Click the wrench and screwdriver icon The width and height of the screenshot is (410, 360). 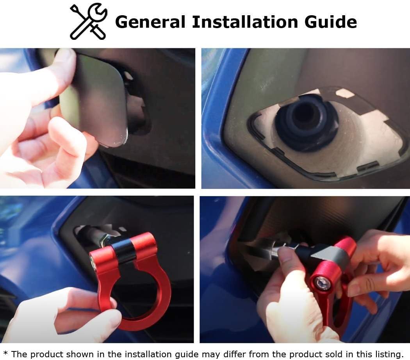pos(88,21)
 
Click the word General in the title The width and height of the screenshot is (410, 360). pos(150,22)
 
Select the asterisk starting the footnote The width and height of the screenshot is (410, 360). pos(5,354)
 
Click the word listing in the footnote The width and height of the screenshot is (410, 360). pos(385,354)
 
